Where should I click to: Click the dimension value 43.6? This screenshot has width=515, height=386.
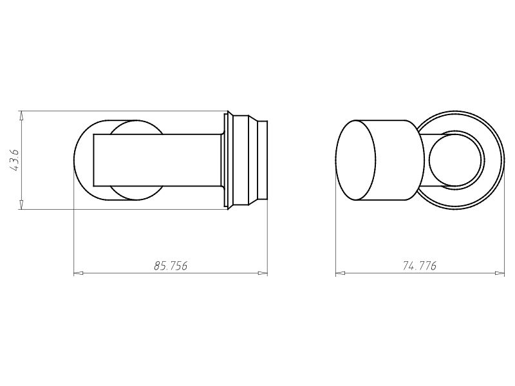click(15, 160)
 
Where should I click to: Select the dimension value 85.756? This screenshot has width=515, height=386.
click(171, 266)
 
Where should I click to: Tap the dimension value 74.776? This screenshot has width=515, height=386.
click(420, 266)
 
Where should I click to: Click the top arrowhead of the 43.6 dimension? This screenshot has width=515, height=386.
click(21, 116)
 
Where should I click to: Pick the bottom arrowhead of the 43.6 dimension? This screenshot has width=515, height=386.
click(21, 204)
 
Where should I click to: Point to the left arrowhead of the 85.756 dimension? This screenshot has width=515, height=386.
click(79, 273)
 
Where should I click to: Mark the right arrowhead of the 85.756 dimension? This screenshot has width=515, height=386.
click(263, 273)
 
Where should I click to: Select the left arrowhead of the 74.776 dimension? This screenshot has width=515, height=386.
click(341, 273)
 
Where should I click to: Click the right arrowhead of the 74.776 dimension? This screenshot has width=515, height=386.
click(500, 273)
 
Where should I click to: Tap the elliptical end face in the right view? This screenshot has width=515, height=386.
click(355, 160)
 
